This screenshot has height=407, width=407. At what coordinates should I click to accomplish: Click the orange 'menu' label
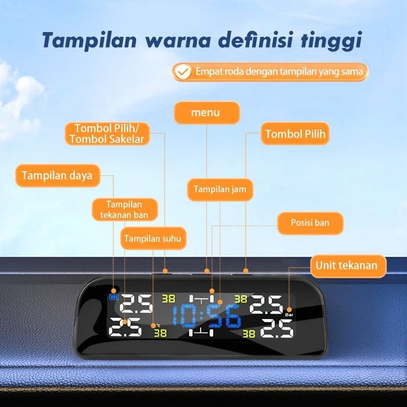[x=207, y=113]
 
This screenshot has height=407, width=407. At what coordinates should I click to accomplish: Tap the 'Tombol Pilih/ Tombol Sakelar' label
[x=107, y=133]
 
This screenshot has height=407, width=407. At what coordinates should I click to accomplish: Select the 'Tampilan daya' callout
[x=58, y=175]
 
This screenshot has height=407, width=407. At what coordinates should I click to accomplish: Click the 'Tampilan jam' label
[x=220, y=189]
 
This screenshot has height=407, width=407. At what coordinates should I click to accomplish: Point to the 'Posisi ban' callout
[x=310, y=223]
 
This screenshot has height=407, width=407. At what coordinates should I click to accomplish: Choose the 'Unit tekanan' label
[x=348, y=266]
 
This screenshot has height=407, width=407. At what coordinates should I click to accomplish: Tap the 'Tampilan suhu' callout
[x=153, y=239]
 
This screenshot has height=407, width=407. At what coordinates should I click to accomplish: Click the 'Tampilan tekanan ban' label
[x=124, y=210]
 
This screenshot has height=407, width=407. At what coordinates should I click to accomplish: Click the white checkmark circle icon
[x=183, y=72]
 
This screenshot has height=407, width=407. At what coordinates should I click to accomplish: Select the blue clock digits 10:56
[x=207, y=316]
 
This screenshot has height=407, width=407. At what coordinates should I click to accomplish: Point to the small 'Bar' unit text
[x=289, y=315]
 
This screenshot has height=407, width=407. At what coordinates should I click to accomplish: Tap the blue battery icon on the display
[x=113, y=298]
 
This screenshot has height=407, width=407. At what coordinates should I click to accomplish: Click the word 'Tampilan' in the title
[x=89, y=40]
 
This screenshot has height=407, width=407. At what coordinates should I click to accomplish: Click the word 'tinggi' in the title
[x=331, y=40]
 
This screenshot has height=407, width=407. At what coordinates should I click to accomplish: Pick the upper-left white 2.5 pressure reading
[x=136, y=304]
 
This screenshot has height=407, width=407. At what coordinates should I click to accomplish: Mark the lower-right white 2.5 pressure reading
[x=277, y=329]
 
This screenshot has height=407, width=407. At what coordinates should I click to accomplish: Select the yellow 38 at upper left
[x=168, y=299]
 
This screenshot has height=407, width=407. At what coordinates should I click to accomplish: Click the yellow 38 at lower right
[x=249, y=334]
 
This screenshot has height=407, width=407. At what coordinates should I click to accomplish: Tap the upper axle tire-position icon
[x=201, y=299]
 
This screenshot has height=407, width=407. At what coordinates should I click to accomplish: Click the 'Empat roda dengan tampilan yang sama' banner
[x=270, y=72]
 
